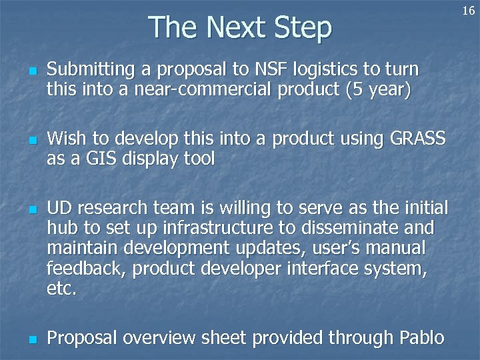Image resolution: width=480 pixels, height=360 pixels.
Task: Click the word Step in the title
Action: point(301,28)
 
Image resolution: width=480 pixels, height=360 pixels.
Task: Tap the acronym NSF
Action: point(255,69)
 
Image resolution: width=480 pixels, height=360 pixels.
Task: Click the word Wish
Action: point(67,139)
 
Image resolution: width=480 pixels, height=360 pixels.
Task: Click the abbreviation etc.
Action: point(62,289)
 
